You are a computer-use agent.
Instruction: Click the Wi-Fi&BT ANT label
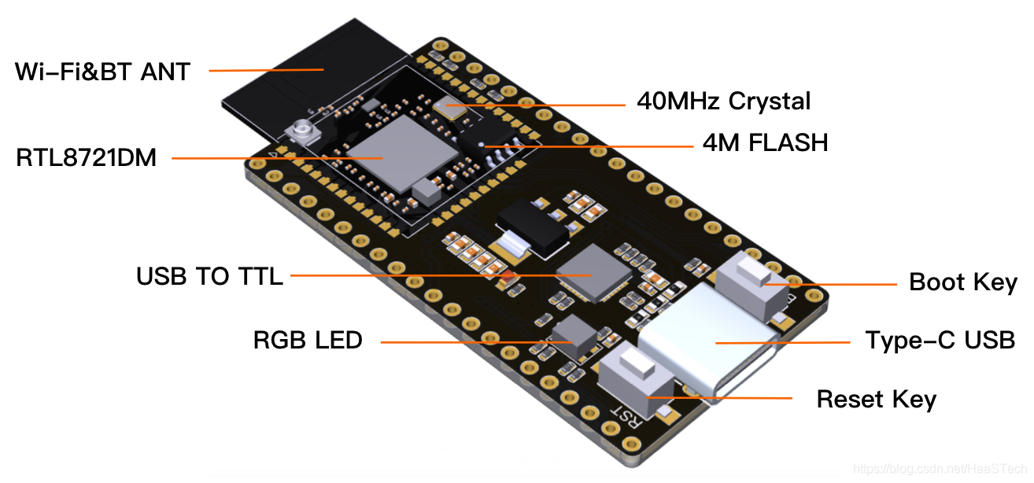coord(102,72)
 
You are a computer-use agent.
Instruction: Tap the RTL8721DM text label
coord(87,158)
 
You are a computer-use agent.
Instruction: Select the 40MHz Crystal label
coord(723,101)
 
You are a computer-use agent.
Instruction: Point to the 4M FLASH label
coord(765,142)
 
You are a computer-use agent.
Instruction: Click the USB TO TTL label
coord(209,276)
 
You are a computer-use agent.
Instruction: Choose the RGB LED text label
coord(308,341)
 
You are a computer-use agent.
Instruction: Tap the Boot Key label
coord(962,282)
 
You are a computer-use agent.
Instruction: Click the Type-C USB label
coord(940,341)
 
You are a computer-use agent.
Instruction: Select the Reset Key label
coord(876,399)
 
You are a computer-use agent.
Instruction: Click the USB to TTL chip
coord(592,273)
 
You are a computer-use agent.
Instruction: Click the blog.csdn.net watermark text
coord(940,469)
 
